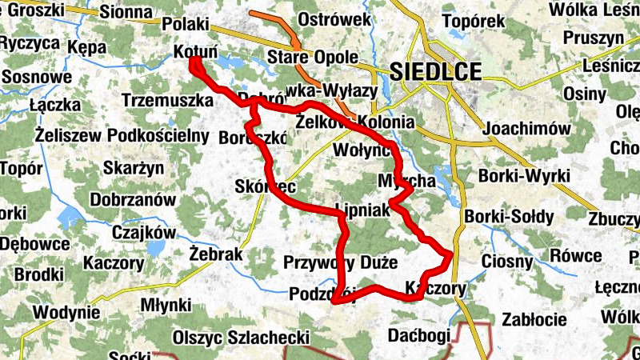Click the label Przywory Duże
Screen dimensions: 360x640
340,262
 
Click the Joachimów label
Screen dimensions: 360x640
526,129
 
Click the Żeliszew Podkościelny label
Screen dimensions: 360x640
122,134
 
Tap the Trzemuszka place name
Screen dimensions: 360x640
168,101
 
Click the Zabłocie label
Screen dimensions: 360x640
534,319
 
